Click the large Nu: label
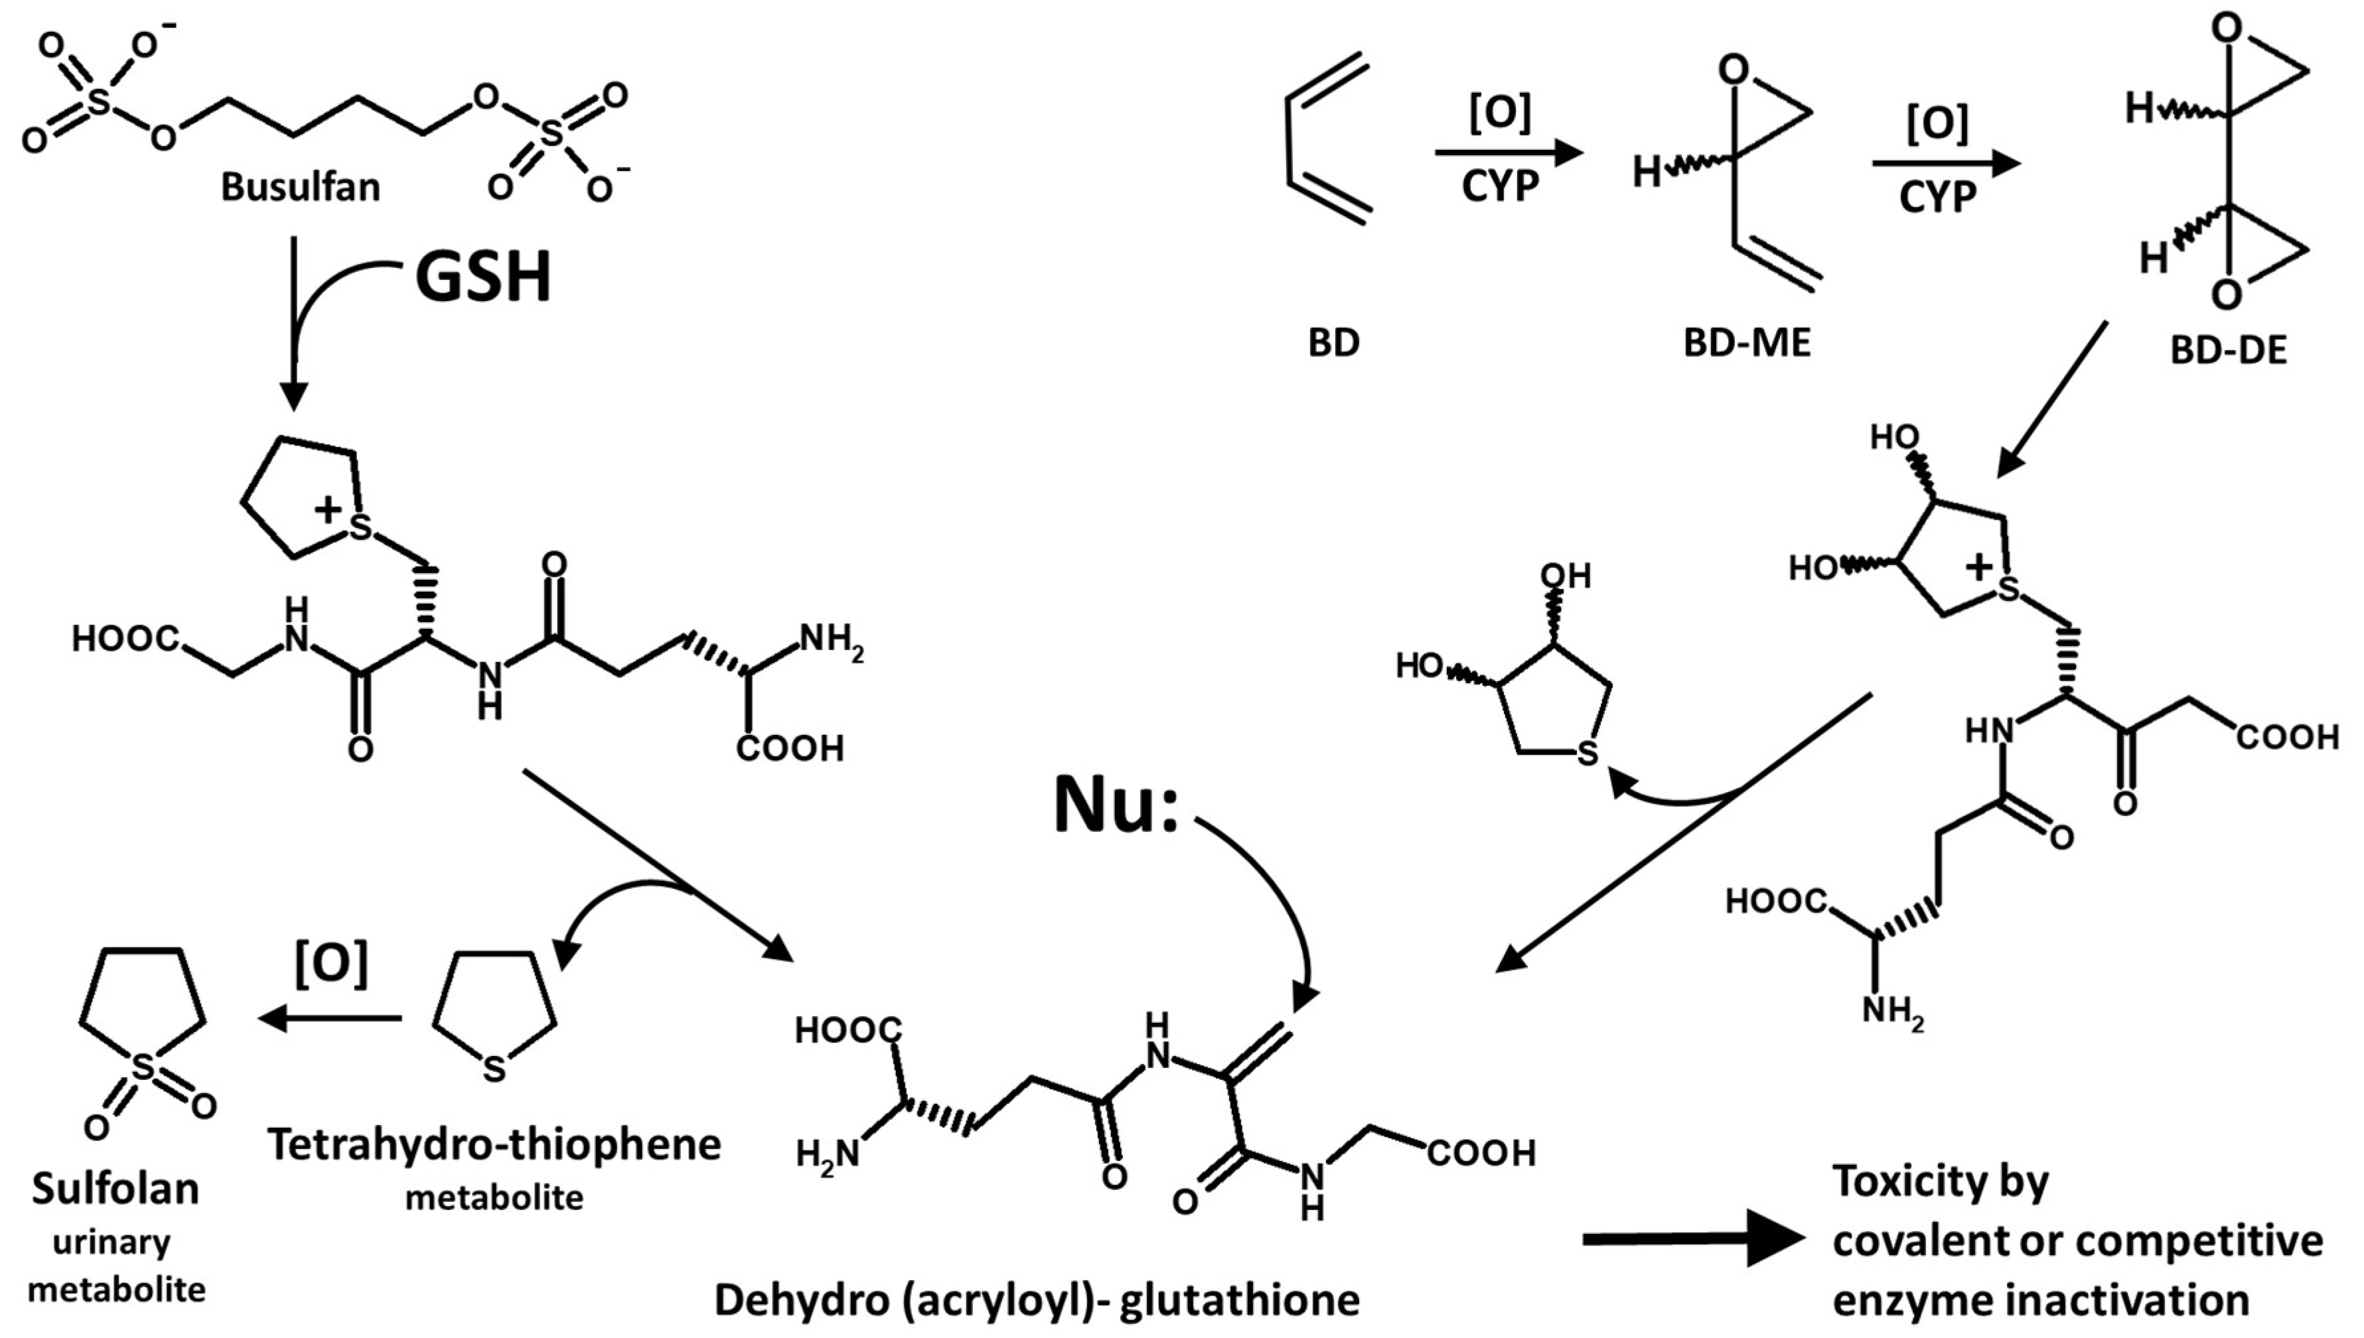[x=1116, y=806]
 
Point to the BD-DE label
[x=2229, y=351]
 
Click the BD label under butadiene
[x=1334, y=344]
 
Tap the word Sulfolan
[x=115, y=1188]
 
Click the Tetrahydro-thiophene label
[x=494, y=1145]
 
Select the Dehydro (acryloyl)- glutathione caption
[x=1037, y=1300]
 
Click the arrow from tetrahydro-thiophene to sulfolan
[x=331, y=1018]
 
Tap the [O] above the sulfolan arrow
[x=331, y=964]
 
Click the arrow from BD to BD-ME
[x=1507, y=153]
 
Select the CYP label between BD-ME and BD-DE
[x=1937, y=195]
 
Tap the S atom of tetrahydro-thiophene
[x=494, y=1069]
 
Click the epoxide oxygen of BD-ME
[x=1734, y=71]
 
